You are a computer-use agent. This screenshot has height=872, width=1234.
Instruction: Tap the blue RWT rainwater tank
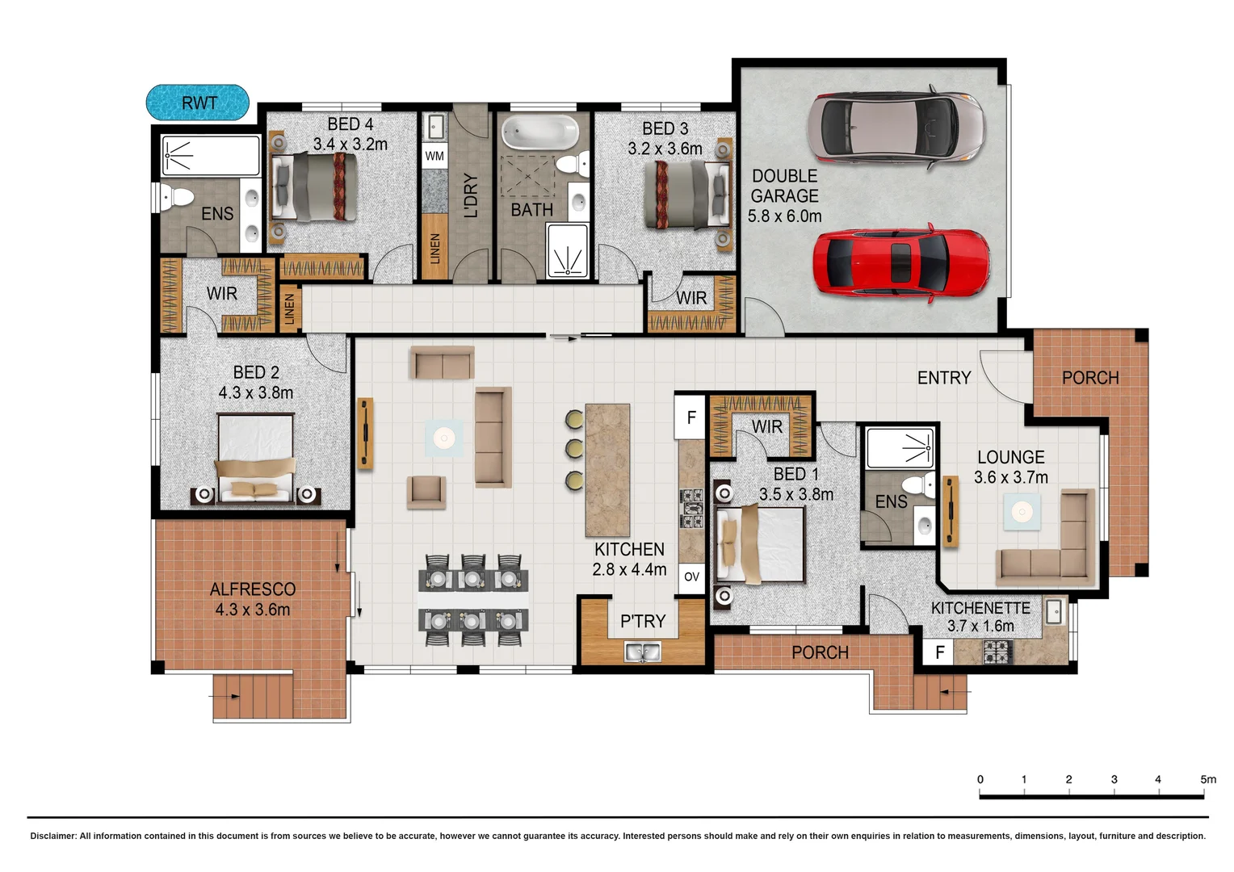[198, 103]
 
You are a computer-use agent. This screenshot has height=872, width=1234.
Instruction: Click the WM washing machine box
[434, 156]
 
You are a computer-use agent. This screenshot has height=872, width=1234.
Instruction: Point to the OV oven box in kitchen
[691, 576]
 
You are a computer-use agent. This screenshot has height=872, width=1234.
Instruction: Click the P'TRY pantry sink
[642, 651]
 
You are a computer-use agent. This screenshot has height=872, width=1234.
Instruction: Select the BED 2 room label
[256, 372]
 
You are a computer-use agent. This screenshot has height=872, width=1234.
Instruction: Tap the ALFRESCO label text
[253, 589]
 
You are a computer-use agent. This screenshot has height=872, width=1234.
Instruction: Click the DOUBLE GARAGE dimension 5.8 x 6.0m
[784, 216]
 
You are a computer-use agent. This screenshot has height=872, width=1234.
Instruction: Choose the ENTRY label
[944, 378]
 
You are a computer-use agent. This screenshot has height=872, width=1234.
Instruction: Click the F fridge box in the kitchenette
[939, 652]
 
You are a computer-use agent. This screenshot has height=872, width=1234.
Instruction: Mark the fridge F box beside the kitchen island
[691, 417]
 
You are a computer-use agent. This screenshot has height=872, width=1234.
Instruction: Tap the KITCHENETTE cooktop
[997, 651]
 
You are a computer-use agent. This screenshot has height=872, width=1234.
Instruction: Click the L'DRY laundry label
[472, 196]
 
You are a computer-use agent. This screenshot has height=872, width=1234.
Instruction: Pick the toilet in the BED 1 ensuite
[916, 486]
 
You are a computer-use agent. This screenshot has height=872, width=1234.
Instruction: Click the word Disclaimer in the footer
[52, 836]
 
